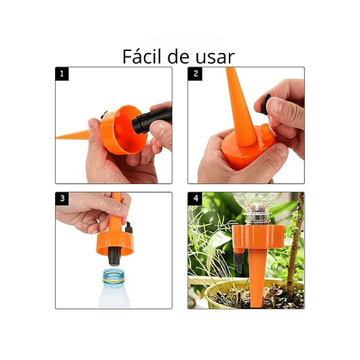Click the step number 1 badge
point(62,74)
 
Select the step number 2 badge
point(196,74)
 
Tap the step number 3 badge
point(62,199)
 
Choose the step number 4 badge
point(196,199)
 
